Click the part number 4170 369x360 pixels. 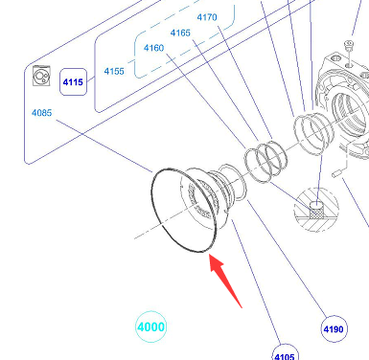pos(207,17)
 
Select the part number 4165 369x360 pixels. pos(180,33)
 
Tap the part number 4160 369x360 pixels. pos(153,48)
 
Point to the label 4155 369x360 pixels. pos(114,71)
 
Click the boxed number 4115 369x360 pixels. pos(73,82)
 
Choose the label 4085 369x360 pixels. pos(41,113)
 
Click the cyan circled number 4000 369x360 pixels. pos(151,326)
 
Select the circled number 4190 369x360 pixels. pos(334,329)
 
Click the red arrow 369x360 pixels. pos(225,281)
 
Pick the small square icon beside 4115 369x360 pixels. pos(41,76)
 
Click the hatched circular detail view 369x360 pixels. pos(316,210)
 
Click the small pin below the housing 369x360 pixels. pos(337,172)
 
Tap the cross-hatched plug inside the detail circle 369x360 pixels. pos(316,211)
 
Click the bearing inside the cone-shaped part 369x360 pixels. pos(200,199)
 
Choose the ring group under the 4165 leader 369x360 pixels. pos(265,162)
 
